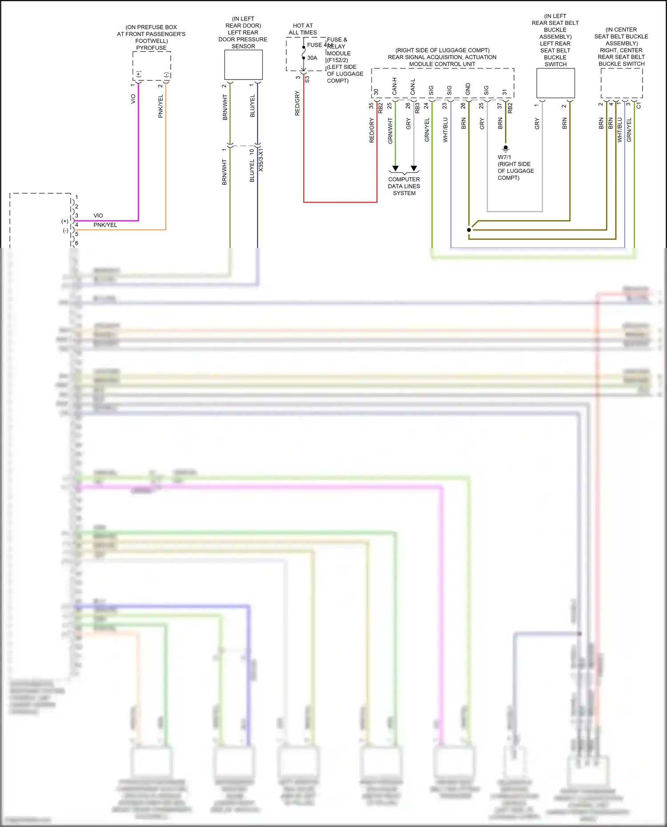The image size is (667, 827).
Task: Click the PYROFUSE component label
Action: pyautogui.click(x=151, y=48)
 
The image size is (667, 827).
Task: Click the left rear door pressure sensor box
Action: pyautogui.click(x=243, y=65)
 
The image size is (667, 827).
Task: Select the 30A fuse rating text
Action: pyautogui.click(x=312, y=58)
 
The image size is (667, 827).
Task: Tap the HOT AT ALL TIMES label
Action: pyautogui.click(x=303, y=29)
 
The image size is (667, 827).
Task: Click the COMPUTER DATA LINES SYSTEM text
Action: pyautogui.click(x=404, y=186)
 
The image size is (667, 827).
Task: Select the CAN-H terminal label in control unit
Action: pyautogui.click(x=394, y=87)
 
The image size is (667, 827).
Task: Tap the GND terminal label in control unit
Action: pyautogui.click(x=468, y=89)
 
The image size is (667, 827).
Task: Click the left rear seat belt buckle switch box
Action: pyautogui.click(x=555, y=83)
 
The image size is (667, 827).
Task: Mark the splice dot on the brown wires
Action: pyautogui.click(x=469, y=230)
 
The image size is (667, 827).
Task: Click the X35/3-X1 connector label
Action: pyautogui.click(x=261, y=160)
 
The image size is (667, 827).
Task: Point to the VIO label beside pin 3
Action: pyautogui.click(x=98, y=216)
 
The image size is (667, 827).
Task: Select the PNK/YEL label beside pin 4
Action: pyautogui.click(x=105, y=225)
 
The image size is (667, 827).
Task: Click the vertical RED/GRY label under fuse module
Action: pyautogui.click(x=297, y=103)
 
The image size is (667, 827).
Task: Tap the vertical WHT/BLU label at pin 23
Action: pyautogui.click(x=446, y=130)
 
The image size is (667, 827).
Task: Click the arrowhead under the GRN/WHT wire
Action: pyautogui.click(x=395, y=168)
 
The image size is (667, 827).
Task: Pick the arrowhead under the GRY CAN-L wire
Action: pyautogui.click(x=414, y=168)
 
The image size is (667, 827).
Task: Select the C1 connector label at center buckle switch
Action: pyautogui.click(x=639, y=105)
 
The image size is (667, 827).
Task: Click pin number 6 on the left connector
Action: pyautogui.click(x=76, y=243)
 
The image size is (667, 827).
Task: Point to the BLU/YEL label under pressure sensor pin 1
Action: pyautogui.click(x=253, y=106)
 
